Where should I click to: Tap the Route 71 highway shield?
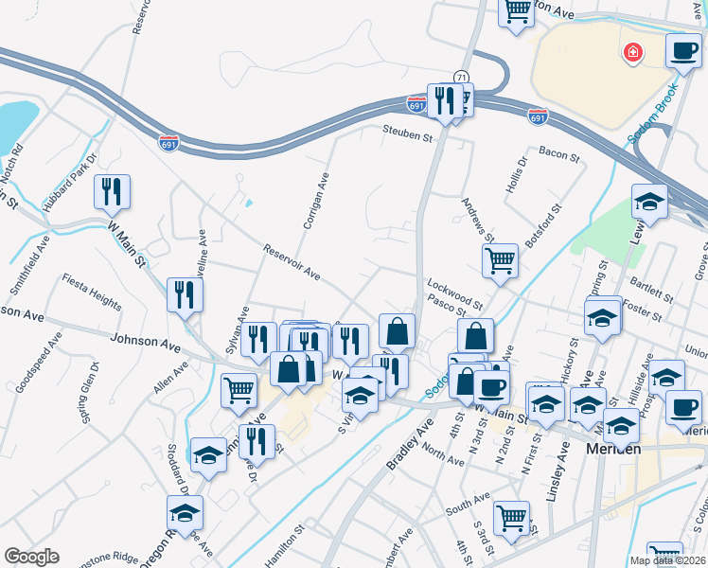(460, 76)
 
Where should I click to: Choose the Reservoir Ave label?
(292, 262)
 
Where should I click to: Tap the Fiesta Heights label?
(92, 292)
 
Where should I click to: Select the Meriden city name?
(613, 449)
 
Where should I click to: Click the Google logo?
(31, 557)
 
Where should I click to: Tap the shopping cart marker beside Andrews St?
(499, 260)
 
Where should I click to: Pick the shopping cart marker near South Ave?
(511, 517)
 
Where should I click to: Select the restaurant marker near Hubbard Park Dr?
(113, 191)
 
